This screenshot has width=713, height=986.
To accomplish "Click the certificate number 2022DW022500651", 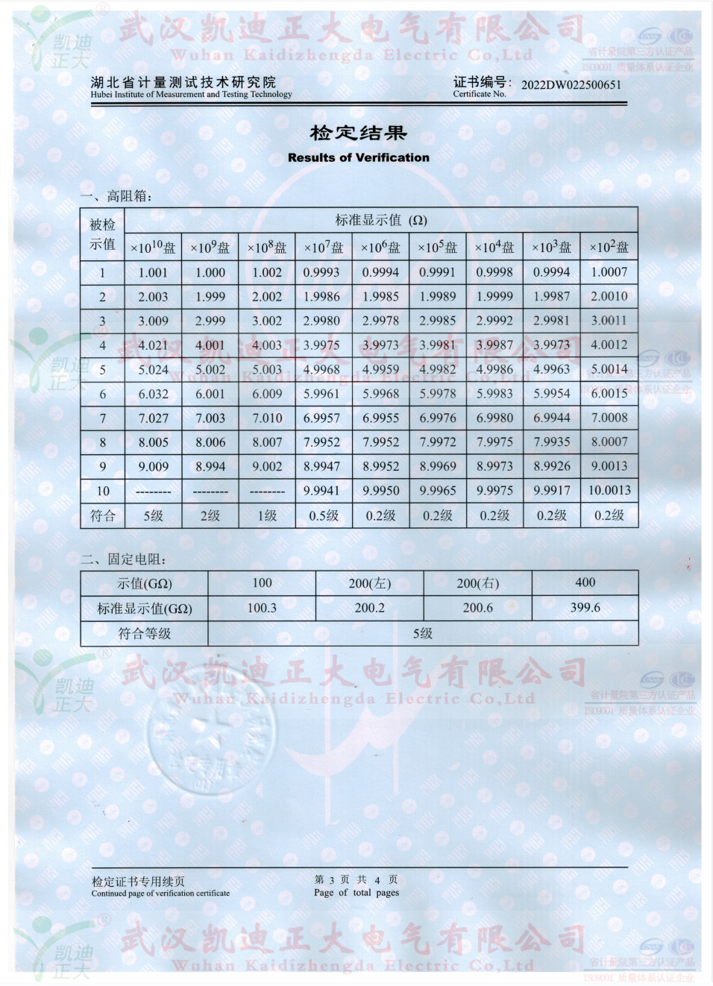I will (x=571, y=84).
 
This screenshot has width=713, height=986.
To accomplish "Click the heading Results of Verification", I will (x=358, y=157).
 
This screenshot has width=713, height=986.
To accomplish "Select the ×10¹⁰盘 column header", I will (x=153, y=247).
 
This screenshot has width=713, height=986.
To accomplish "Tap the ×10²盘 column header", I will (x=609, y=247).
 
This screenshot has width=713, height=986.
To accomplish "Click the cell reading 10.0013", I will (x=609, y=490).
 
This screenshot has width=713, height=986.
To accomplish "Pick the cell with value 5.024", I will (x=153, y=369).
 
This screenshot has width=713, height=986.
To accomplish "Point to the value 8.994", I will (x=210, y=466).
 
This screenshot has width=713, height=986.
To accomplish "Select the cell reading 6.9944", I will (x=552, y=418).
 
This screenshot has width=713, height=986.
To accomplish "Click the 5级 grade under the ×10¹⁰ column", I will (x=153, y=515).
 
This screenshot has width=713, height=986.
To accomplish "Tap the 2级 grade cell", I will (x=210, y=515).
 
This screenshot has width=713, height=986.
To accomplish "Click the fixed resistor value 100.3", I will (x=262, y=608).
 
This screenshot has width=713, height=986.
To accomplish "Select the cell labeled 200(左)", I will (x=369, y=583).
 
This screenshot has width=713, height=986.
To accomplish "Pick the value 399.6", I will (x=585, y=607).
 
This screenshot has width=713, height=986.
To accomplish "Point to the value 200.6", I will (x=477, y=608).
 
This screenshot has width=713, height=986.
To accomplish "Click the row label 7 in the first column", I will (x=103, y=418).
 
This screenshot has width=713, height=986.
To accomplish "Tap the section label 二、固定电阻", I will (x=124, y=559).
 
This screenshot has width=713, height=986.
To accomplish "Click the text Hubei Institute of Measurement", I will (x=191, y=95).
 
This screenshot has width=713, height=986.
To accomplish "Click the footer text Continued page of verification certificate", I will (x=160, y=893).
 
